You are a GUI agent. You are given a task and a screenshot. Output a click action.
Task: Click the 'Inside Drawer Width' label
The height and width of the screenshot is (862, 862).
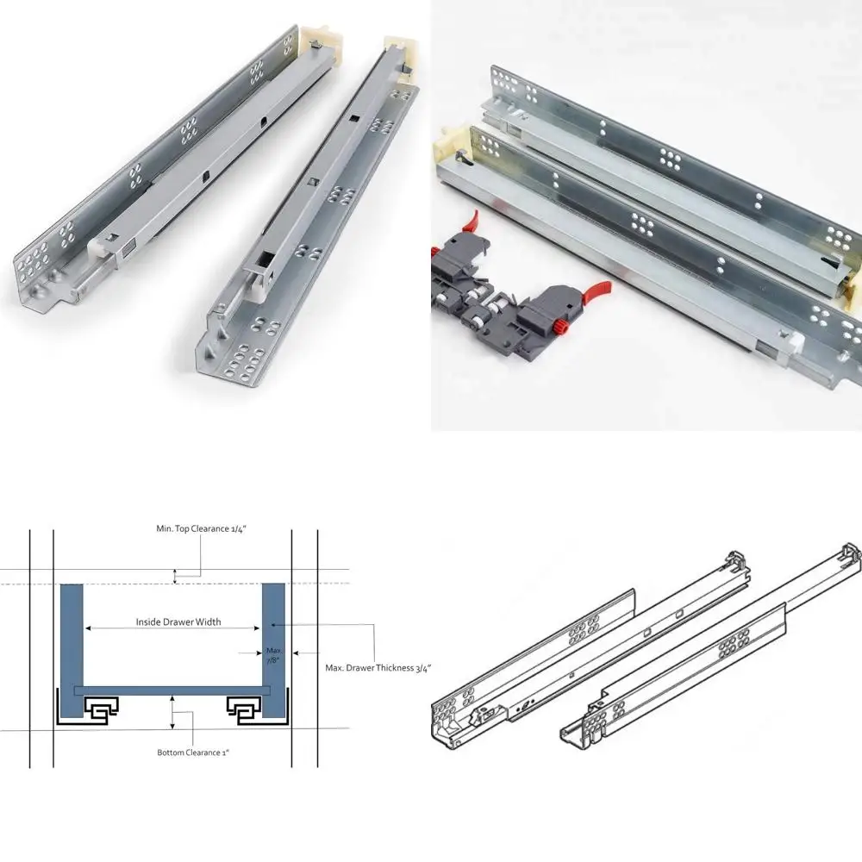[x=178, y=622]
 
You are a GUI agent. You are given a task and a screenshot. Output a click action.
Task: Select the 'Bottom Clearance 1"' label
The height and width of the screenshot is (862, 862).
[x=192, y=753]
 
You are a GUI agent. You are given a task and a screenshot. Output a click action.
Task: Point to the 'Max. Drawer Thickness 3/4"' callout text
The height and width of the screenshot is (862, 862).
[x=378, y=667]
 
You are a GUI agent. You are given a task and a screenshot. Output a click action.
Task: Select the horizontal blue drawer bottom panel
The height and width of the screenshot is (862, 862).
[x=172, y=691]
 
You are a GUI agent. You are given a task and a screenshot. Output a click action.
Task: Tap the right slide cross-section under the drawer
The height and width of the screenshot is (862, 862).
[x=244, y=709]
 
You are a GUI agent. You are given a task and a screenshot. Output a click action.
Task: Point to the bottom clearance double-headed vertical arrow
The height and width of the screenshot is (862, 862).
[x=173, y=713]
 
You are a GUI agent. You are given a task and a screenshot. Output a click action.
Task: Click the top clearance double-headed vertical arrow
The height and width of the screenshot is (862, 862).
[x=176, y=577]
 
